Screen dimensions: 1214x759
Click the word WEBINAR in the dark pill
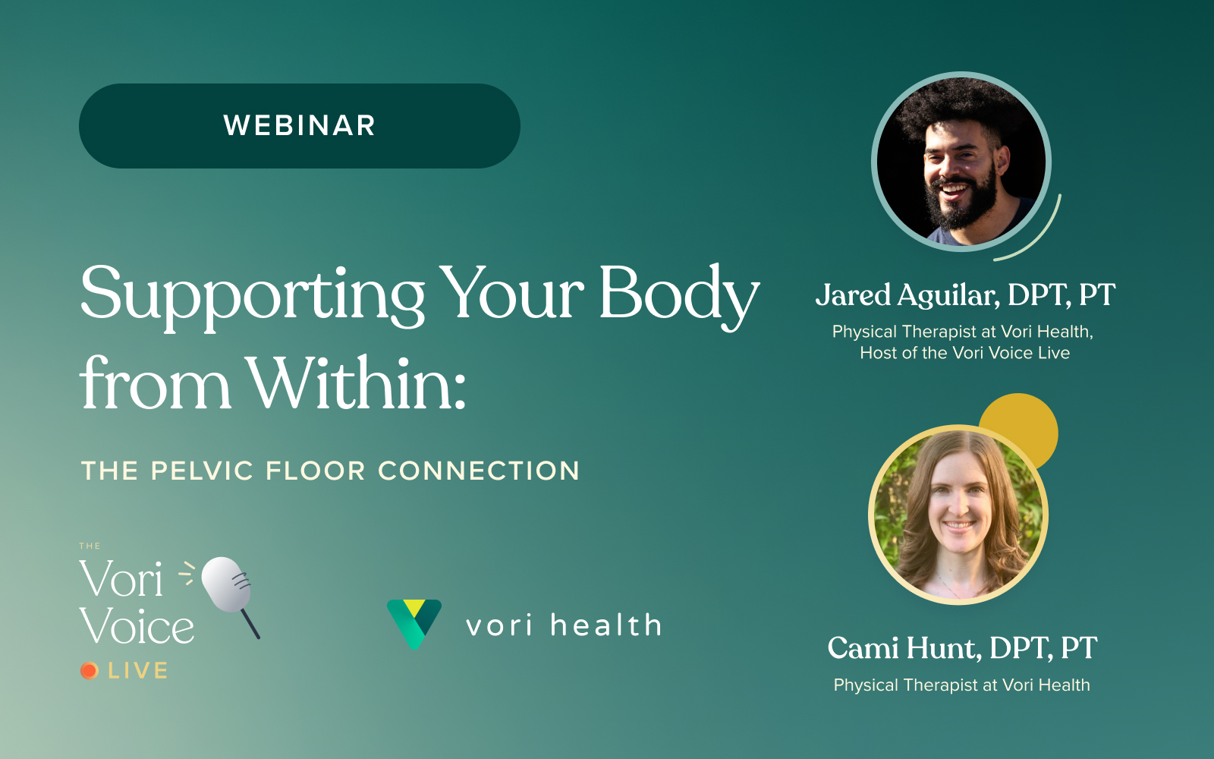[x=299, y=126]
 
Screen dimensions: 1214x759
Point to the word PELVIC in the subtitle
[x=202, y=471]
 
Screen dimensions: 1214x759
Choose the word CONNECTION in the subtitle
[x=479, y=471]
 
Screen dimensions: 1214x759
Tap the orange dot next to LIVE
[x=90, y=671]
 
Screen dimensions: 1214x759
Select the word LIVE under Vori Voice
[x=137, y=671]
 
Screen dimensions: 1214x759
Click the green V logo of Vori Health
[x=414, y=623]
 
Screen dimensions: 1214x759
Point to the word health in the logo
[x=606, y=625]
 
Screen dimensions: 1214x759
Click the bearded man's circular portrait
[x=961, y=162]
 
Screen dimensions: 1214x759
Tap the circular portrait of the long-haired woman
[x=958, y=515]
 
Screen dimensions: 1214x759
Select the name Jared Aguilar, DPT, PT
[x=965, y=295]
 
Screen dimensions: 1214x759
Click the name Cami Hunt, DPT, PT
[x=963, y=648]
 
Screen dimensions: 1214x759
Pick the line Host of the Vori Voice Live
[x=964, y=353]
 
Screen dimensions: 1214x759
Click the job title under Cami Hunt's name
[x=962, y=685]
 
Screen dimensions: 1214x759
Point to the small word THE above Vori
[x=90, y=546]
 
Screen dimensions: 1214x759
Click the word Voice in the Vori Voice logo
[x=137, y=625]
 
